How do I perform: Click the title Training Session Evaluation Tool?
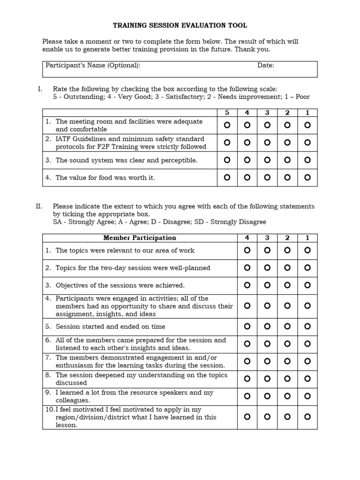[x=180, y=25]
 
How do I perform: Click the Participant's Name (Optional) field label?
[x=93, y=66]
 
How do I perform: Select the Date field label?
[x=266, y=66]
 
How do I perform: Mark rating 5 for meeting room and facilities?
[x=227, y=125]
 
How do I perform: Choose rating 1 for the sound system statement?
[x=307, y=160]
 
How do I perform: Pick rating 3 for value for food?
[x=267, y=178]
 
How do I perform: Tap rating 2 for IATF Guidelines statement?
[x=287, y=142]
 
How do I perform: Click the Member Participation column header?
[x=140, y=238]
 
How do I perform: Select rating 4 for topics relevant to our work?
[x=247, y=251]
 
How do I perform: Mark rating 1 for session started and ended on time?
[x=307, y=326]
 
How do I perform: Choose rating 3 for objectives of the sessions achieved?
[x=267, y=285]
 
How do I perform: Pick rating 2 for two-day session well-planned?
[x=287, y=268]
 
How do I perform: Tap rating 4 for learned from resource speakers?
[x=247, y=396]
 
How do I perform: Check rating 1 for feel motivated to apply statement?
[x=307, y=417]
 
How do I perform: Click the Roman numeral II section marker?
[x=39, y=206]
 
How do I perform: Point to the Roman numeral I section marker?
[x=40, y=89]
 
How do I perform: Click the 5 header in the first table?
[x=227, y=113]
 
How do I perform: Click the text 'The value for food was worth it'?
[x=105, y=178]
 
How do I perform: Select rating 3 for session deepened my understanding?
[x=267, y=379]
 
